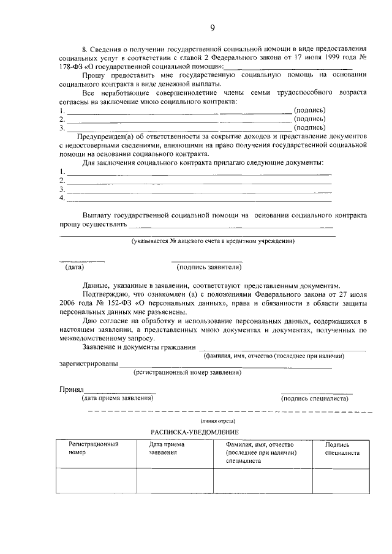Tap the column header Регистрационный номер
[x=94, y=449]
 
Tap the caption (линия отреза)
[x=218, y=421]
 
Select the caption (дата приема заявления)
[x=118, y=399]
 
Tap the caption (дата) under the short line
[x=74, y=267]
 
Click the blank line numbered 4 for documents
[x=198, y=198]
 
